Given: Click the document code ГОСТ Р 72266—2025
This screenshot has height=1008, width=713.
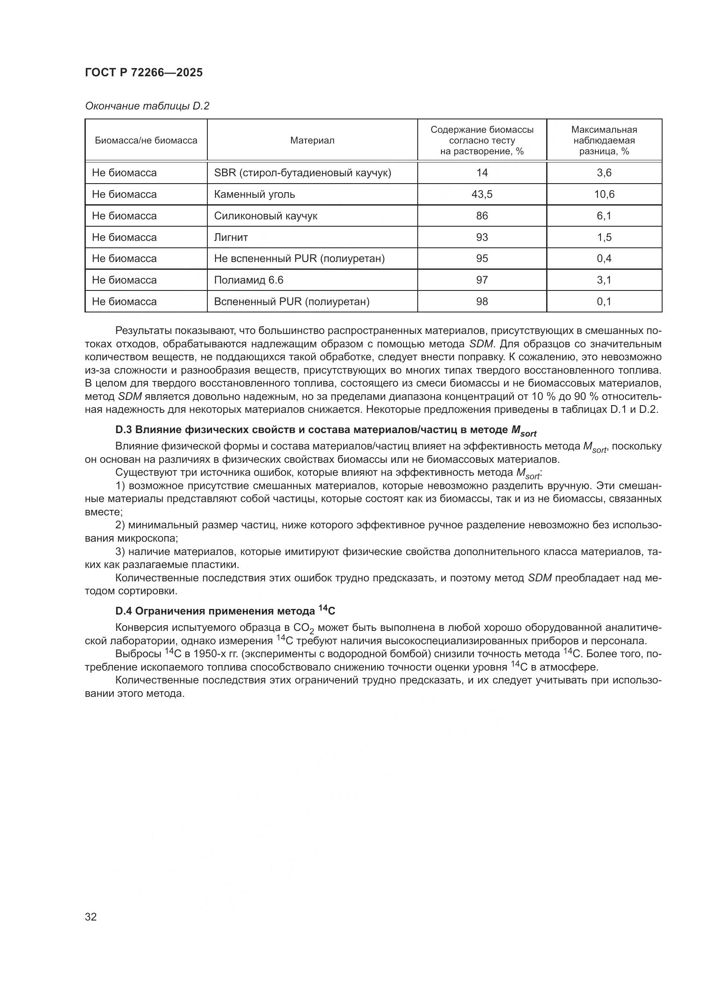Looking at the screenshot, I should pos(144,73).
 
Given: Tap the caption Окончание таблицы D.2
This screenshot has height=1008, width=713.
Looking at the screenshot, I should pos(147,106).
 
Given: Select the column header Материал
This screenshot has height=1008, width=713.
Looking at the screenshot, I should pos(312,140).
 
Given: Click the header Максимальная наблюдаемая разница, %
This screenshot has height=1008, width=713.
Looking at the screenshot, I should pos(604,140).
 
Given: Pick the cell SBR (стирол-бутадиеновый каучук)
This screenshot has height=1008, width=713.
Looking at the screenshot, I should pos(303,173).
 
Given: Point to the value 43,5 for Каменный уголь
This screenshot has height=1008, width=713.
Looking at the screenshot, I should pos(482,194).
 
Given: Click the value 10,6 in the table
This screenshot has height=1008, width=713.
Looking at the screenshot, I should pos(604,194).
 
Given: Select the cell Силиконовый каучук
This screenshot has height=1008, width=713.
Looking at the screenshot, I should pos(266,216).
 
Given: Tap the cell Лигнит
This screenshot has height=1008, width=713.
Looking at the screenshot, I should pos(231,237).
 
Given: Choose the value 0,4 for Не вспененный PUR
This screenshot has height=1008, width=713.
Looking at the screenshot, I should pos(604,259).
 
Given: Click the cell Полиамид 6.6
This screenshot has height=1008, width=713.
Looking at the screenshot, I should pos(248,280).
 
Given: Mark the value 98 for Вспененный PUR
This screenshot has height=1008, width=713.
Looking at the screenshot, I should pos(482,302).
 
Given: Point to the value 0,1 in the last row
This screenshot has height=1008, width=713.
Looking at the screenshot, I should pos(604,302).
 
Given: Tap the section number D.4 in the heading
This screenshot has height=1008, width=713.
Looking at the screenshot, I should pos(124,611).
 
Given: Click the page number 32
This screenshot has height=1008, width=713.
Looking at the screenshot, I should pos(91,917).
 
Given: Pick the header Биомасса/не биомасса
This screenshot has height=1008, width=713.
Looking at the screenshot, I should pos(146,140).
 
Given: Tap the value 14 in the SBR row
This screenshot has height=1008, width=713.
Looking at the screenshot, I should pos(482,173).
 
